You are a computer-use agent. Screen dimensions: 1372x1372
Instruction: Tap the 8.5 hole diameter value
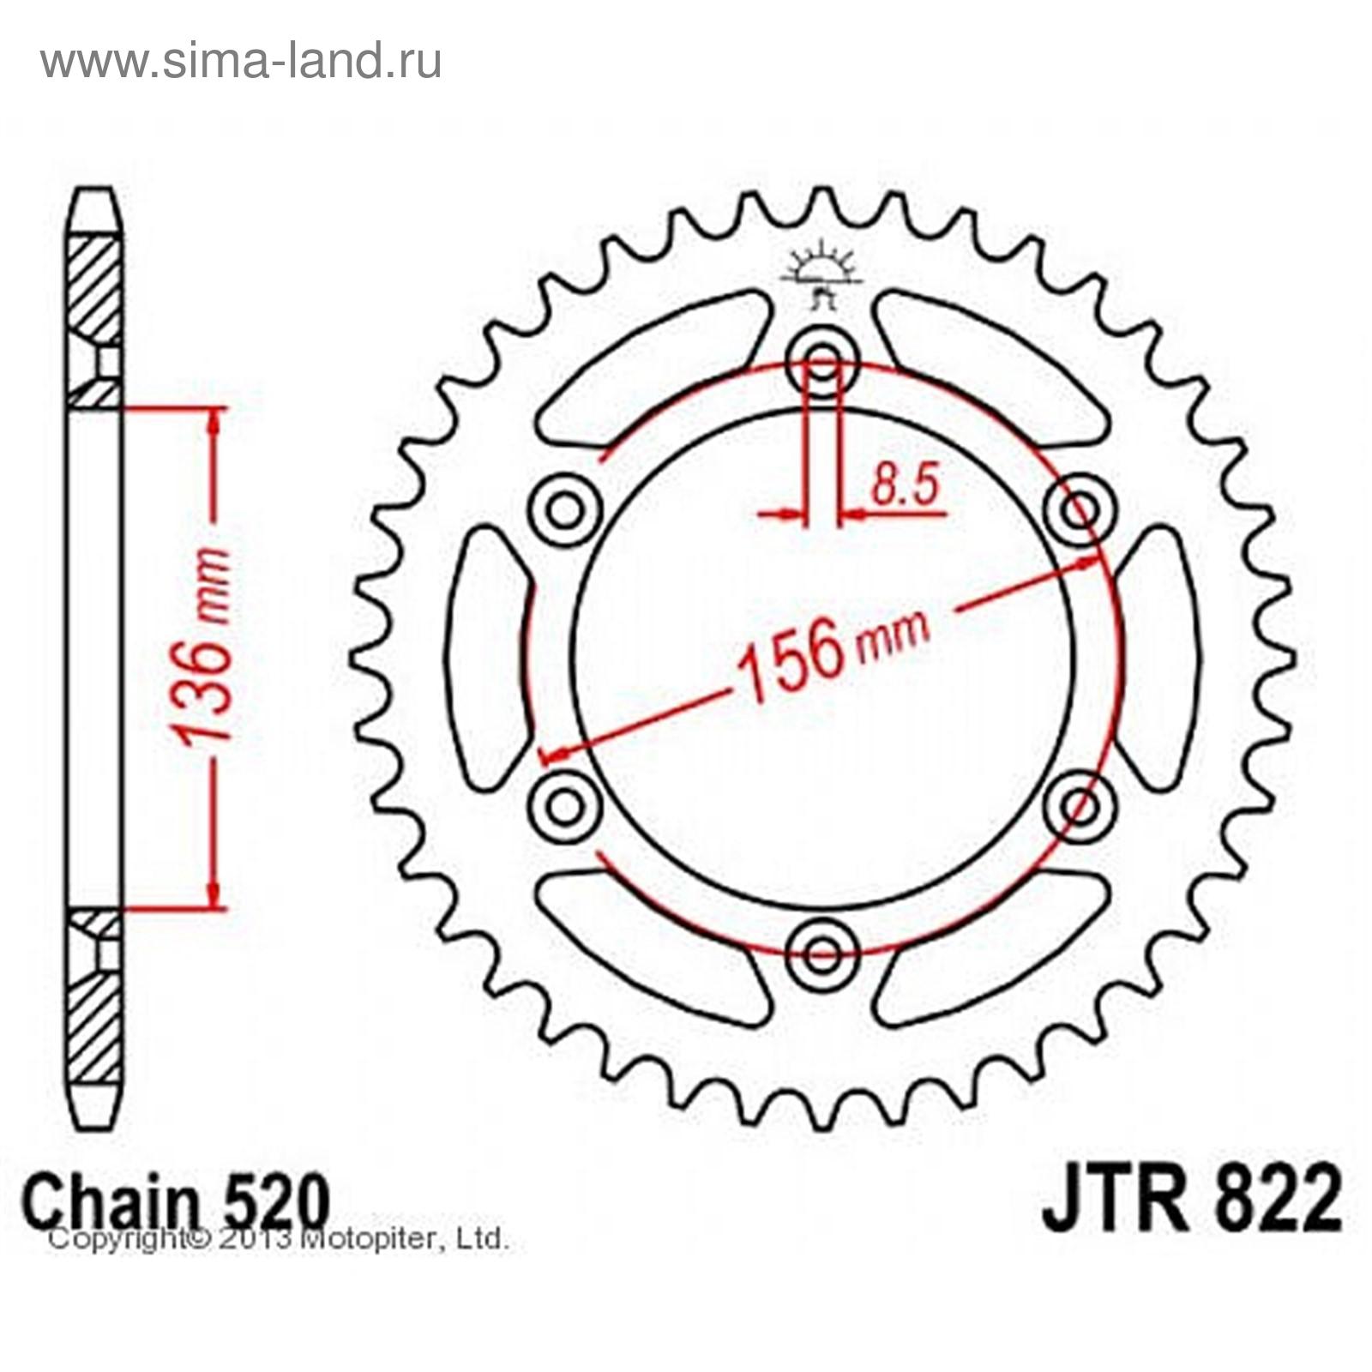pyautogui.click(x=906, y=484)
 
